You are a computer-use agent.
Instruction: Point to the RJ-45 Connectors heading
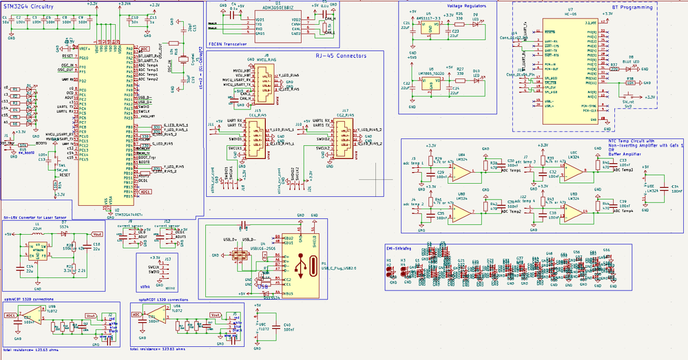pos(341,55)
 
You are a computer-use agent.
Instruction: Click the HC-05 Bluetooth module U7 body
pos(570,69)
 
